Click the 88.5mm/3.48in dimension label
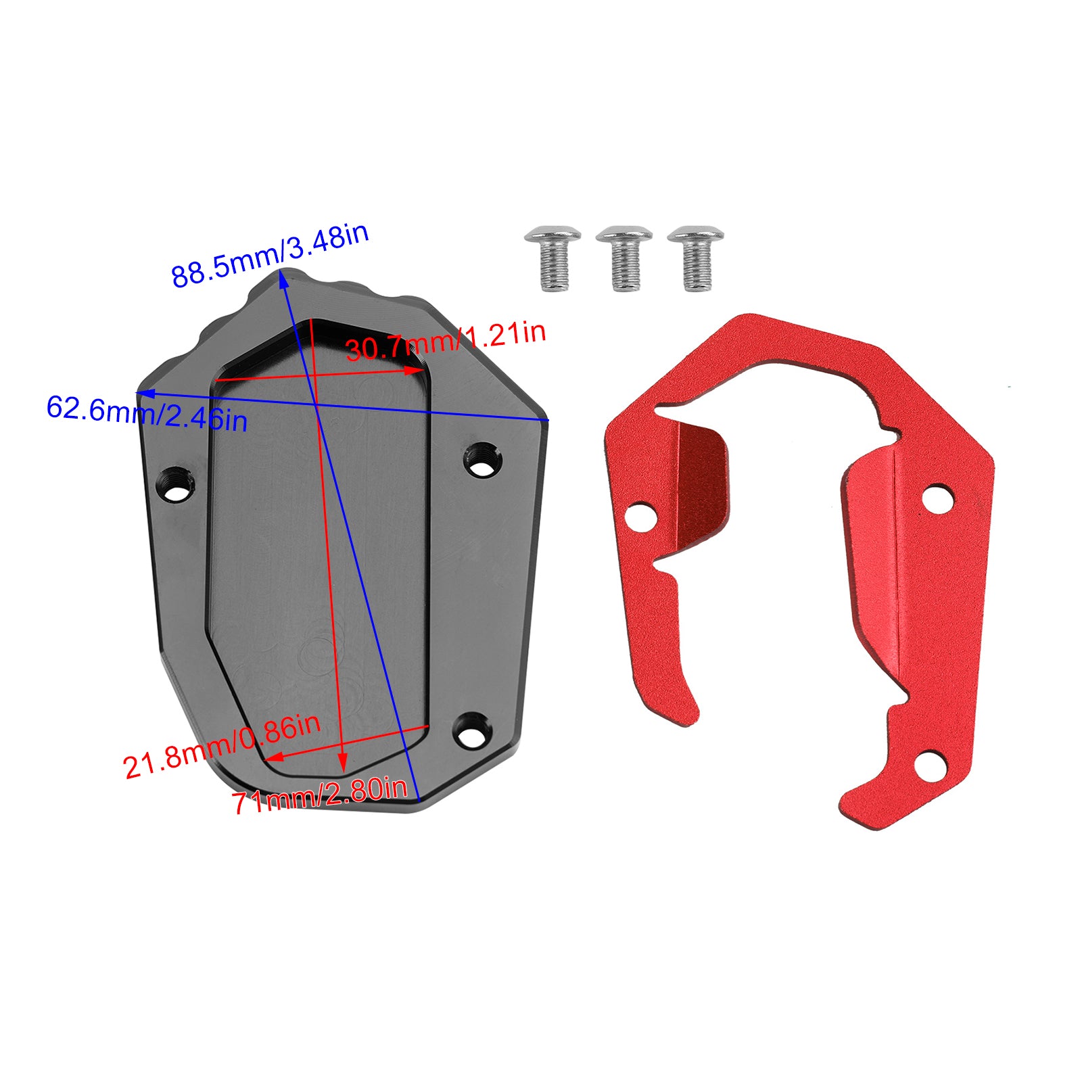coord(270,255)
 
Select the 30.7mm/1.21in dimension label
coord(446,341)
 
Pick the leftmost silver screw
coord(553,258)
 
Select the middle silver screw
coord(624,258)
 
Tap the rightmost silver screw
coord(695,258)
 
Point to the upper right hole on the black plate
coord(481,457)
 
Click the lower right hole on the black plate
coord(472,731)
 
